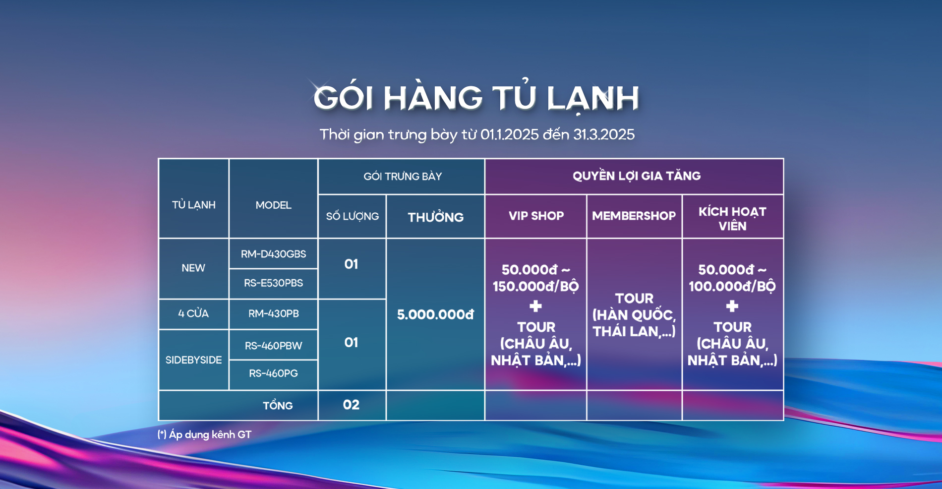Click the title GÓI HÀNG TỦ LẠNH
point(476,97)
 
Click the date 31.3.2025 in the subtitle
point(604,134)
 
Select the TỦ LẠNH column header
point(193,204)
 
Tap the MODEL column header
point(273,205)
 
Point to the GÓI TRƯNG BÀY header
point(403,176)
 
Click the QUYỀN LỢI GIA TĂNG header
point(637,176)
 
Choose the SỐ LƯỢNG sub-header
point(352,216)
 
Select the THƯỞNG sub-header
point(436,216)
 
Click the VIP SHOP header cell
point(536,216)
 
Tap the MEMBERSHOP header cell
point(634,216)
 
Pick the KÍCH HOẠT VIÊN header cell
point(732,219)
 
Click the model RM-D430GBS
point(273,254)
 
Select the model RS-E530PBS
point(273,283)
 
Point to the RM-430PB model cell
point(273,313)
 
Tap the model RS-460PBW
point(273,346)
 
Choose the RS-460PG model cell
point(273,373)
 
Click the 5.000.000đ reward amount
point(435,314)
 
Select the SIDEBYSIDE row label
point(193,360)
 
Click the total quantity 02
point(351,405)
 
